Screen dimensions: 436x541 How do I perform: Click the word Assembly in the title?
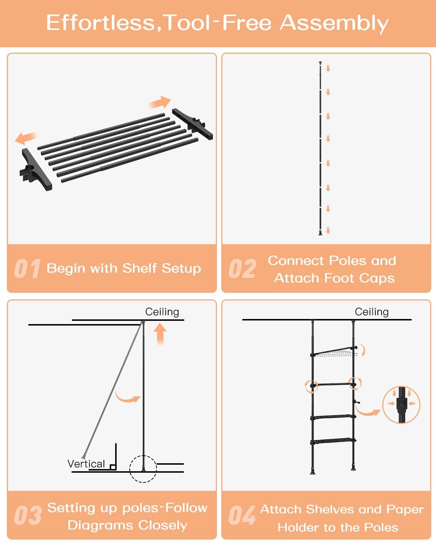(334, 23)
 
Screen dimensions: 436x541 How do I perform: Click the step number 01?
(27, 269)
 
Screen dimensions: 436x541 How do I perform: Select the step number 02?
(242, 269)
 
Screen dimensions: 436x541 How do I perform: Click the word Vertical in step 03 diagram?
(86, 464)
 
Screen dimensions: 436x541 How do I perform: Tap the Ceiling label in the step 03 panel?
(162, 312)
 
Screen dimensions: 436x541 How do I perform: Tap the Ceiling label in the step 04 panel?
(372, 312)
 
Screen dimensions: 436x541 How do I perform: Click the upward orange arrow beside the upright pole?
(160, 334)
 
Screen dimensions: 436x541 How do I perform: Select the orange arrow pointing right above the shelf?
(160, 102)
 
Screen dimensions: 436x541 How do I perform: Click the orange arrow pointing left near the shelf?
(26, 138)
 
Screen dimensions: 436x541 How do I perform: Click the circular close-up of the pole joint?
(401, 404)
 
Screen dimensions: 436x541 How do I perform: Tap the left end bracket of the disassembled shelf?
(35, 170)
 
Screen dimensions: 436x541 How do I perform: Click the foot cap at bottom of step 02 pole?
(320, 233)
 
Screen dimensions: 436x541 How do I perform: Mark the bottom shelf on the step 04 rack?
(333, 441)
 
